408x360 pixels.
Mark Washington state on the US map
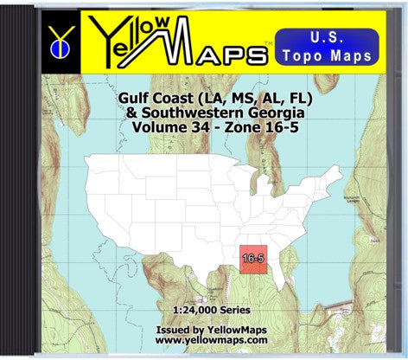pos(111,164)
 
